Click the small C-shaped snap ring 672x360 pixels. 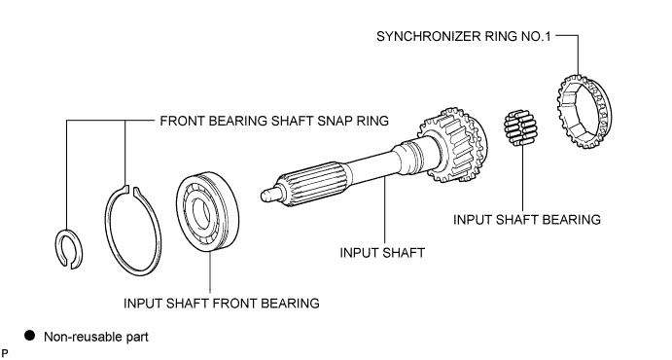[58, 248]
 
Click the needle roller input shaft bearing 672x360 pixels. [520, 127]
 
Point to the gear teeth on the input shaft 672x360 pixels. [454, 144]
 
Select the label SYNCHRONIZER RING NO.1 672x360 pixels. [463, 36]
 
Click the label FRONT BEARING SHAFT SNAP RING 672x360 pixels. [274, 121]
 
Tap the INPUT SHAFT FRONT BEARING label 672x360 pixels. [221, 304]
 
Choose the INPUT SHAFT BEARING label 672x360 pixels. [527, 220]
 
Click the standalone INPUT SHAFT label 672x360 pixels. [382, 253]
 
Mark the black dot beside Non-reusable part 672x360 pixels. [29, 335]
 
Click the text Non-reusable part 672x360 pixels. [96, 337]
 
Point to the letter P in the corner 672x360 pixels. [5, 353]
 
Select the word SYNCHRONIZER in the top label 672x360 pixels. [429, 36]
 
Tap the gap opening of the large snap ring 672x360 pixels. [131, 190]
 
